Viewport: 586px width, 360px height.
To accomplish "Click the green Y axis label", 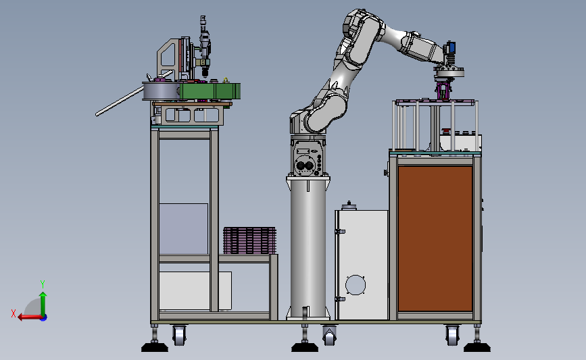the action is (43, 284).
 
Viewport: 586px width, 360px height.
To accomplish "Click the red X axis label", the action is (14, 313).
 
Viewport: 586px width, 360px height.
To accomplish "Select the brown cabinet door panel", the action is (435, 238).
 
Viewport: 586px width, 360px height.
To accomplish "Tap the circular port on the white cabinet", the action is (355, 285).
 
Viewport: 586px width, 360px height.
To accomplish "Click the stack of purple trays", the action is (249, 240).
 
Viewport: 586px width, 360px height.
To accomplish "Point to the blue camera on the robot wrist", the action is (451, 47).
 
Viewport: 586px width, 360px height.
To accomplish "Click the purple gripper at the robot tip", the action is (443, 91).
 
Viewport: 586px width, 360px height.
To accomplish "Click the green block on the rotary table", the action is (210, 91).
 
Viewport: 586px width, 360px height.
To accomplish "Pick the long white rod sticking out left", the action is (120, 101).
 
